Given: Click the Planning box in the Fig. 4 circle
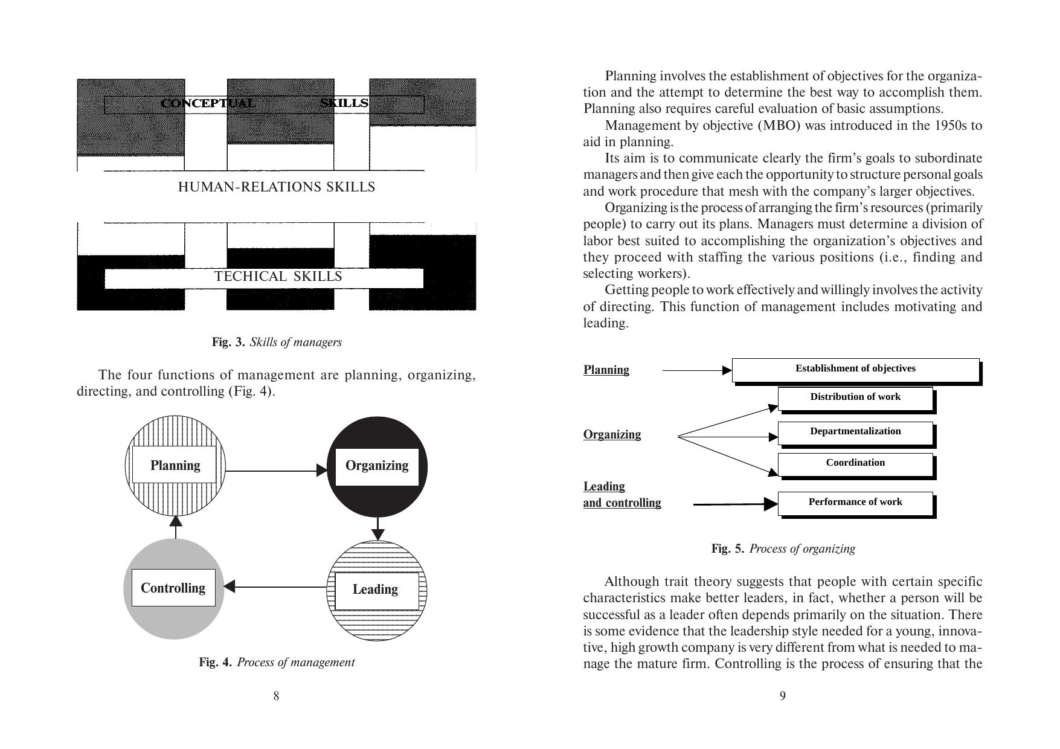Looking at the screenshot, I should click(x=175, y=465).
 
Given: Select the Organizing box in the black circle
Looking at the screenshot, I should click(x=377, y=466).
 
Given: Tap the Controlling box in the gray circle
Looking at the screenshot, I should click(x=173, y=588).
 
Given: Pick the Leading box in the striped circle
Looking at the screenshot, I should click(x=376, y=590).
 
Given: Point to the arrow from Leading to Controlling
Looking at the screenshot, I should click(x=275, y=586).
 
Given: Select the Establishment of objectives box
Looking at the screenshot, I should click(x=855, y=369).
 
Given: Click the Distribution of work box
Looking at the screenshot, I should click(x=855, y=397).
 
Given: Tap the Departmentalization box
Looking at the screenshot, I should click(x=855, y=432).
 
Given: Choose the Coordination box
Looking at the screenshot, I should click(x=855, y=463).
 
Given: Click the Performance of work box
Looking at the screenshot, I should click(x=855, y=503).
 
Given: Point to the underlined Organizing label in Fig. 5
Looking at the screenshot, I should click(x=612, y=434).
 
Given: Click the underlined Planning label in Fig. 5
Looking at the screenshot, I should click(x=606, y=370).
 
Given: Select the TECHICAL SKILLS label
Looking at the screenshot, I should click(x=278, y=277).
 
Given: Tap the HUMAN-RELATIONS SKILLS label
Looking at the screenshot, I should click(x=277, y=187).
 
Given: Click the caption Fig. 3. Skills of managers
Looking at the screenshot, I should click(x=277, y=342).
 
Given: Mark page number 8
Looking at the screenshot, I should click(x=276, y=696).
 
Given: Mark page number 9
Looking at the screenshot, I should click(x=783, y=696).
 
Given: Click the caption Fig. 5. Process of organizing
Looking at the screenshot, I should click(x=783, y=548).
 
